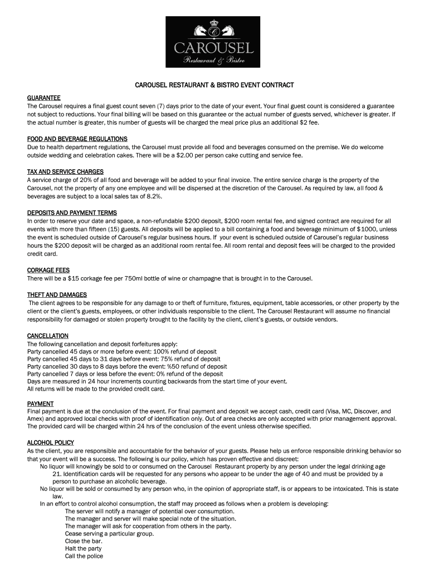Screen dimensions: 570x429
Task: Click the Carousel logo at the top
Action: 214,41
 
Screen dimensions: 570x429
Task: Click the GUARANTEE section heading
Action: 44,98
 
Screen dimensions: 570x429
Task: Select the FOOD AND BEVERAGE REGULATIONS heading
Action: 77,139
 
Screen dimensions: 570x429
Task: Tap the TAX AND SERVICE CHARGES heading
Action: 65,171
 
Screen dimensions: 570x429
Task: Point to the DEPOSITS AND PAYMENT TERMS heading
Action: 72,213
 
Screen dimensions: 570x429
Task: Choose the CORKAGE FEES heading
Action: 48,270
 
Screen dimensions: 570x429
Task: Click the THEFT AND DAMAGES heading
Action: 57,294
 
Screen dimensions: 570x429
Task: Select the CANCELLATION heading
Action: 48,336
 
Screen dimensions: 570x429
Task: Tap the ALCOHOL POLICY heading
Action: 51,443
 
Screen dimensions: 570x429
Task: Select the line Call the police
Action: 84,556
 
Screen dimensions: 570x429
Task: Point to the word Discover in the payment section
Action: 354,411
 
